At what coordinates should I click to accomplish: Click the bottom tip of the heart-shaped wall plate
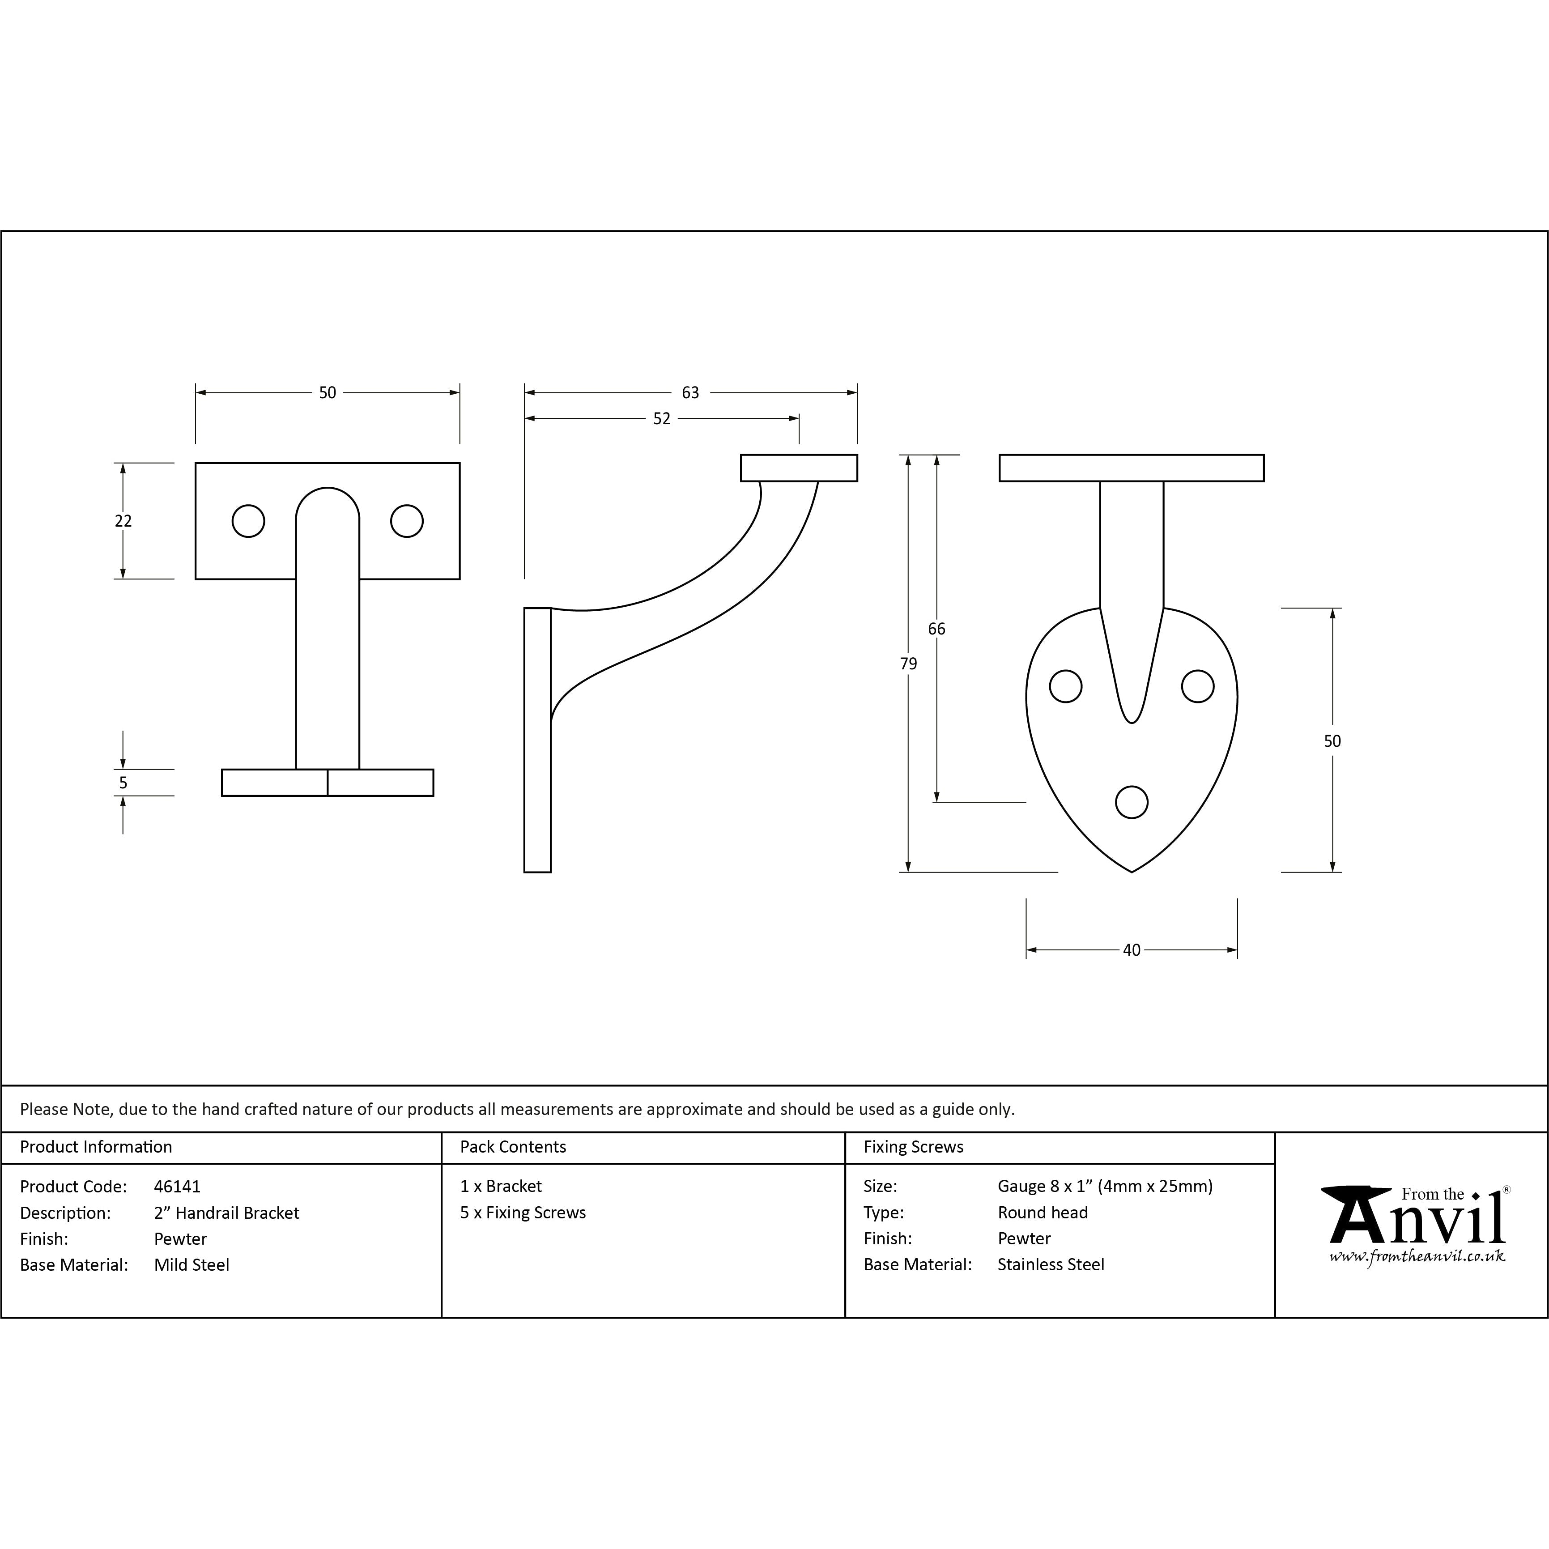tap(1131, 872)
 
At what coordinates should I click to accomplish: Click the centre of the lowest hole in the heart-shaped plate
tap(1131, 802)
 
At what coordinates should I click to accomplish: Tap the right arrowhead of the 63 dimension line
tap(852, 393)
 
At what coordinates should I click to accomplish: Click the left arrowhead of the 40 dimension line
tap(1032, 950)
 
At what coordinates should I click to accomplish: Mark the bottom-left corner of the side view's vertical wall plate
tap(524, 872)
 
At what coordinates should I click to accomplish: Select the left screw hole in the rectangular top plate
tap(248, 521)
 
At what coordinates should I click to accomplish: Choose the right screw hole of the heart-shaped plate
tap(1198, 686)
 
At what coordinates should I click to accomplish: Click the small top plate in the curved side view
tap(799, 468)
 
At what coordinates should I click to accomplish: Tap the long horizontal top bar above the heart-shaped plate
tap(1131, 468)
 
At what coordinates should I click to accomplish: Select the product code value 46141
tap(177, 1187)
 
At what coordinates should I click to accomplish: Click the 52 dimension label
tap(661, 418)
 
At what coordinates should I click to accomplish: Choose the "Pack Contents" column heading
tap(513, 1146)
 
